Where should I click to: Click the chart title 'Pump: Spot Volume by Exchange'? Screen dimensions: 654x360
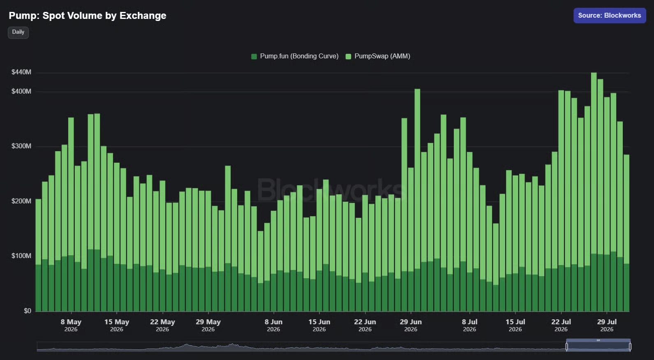(87, 16)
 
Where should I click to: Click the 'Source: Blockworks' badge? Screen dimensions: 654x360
(609, 16)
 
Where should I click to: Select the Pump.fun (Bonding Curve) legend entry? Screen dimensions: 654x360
(295, 56)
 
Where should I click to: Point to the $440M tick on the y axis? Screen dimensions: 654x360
(21, 72)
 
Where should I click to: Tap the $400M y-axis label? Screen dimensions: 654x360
(21, 91)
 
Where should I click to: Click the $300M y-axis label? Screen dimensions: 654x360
(21, 146)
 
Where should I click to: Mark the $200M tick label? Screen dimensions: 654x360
(21, 201)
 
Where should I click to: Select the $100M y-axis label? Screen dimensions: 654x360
(21, 256)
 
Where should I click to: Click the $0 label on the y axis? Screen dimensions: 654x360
(28, 311)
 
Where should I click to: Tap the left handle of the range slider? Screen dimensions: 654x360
(567, 346)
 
